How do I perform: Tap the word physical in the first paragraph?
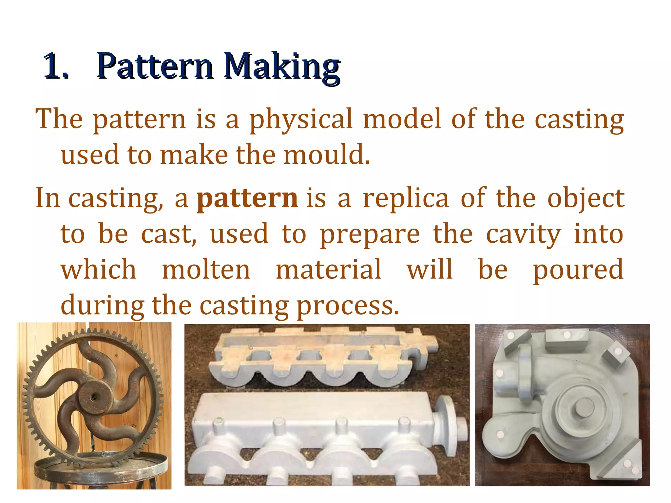coord(301,120)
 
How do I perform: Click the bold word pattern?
coord(247,199)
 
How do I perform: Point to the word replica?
coord(406,199)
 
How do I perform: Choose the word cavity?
coord(523,235)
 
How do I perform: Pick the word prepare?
coord(370,235)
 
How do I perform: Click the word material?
coord(329,270)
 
